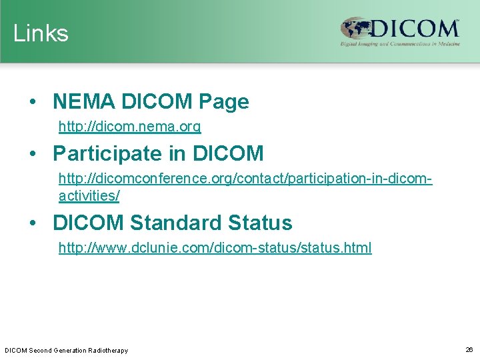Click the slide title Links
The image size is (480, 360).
[x=41, y=33]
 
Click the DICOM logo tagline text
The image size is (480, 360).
[x=399, y=44]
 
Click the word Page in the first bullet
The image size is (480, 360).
[x=223, y=102]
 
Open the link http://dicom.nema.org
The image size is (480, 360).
[x=130, y=126]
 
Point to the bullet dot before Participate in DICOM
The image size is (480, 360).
[x=33, y=154]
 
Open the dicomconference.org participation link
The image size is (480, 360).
[x=245, y=179]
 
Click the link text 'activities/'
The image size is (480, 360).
[x=89, y=196]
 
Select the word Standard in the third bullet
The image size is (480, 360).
[x=175, y=223]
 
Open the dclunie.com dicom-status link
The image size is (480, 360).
[x=215, y=249]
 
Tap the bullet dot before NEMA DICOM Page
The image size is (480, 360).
[x=33, y=102]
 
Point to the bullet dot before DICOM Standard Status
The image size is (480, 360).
[x=33, y=223]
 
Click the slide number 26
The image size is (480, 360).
[x=469, y=349]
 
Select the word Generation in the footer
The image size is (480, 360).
[x=68, y=350]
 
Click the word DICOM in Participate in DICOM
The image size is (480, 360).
[x=228, y=154]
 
